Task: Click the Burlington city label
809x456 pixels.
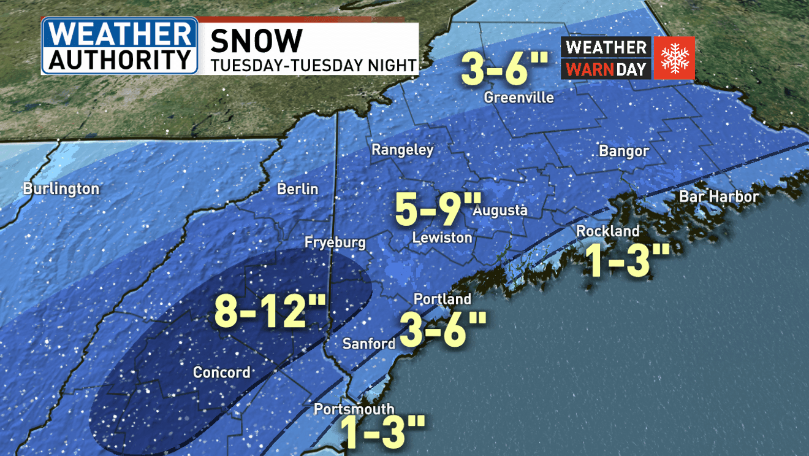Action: tap(61, 188)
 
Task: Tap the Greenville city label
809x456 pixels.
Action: tap(518, 98)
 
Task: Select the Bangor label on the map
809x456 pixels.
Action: tap(623, 151)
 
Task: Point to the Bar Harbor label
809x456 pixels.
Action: tap(719, 197)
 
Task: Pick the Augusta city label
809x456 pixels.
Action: tap(500, 211)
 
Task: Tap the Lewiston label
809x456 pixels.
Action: tap(442, 238)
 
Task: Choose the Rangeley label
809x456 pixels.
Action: tap(403, 150)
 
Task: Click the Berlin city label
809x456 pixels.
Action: tap(298, 188)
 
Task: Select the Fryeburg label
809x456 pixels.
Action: tap(335, 243)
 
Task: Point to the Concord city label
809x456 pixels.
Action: tap(222, 373)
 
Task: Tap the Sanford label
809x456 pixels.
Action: tap(369, 344)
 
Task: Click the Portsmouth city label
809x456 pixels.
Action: tap(354, 409)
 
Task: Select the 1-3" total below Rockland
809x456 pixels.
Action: tap(625, 260)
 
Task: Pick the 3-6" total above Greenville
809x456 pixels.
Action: tap(503, 69)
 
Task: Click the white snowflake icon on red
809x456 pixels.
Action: tap(674, 58)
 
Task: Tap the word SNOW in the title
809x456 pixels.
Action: tap(256, 41)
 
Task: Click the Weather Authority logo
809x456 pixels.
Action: tap(120, 46)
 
